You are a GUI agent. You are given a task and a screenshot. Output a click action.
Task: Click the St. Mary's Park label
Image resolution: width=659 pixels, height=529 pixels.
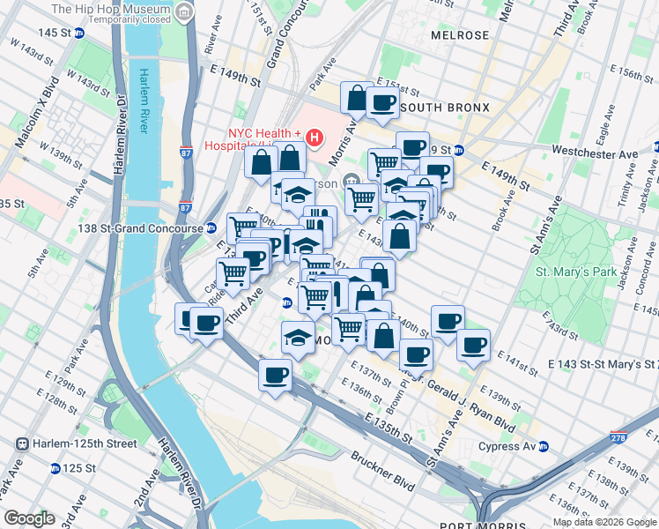click(577, 272)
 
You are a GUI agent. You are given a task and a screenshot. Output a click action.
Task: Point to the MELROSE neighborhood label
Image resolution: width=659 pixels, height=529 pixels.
click(459, 35)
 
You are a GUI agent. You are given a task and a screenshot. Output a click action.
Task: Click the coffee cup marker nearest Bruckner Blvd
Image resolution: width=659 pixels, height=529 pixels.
click(275, 375)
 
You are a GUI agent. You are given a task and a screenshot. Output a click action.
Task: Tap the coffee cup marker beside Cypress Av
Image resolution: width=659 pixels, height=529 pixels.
click(473, 346)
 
